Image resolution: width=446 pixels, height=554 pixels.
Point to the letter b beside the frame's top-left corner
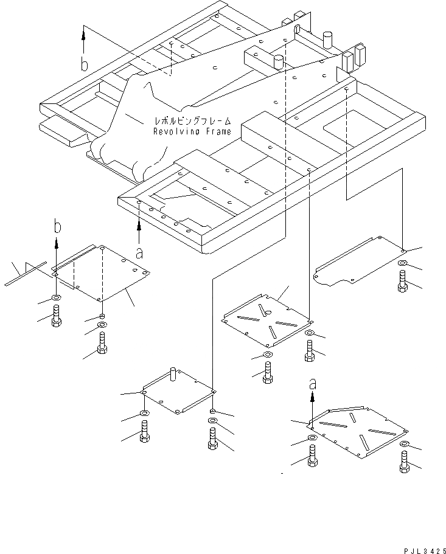point(85,64)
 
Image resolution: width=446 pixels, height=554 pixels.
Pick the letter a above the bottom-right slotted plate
point(313,384)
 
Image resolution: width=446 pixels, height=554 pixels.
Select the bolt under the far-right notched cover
point(402,281)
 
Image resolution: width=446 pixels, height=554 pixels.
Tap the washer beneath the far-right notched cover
point(402,263)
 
